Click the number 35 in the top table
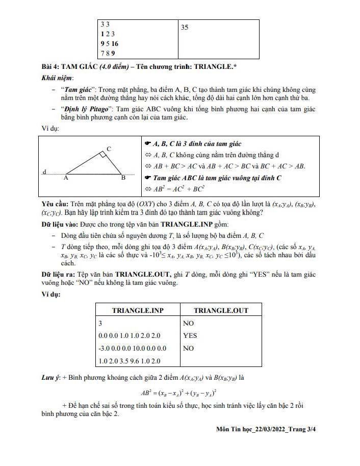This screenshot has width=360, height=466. point(185,28)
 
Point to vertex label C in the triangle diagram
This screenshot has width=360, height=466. point(109,149)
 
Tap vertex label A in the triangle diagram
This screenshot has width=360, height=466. point(65,179)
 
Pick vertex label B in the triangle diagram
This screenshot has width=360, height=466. point(123,179)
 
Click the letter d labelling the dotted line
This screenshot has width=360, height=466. point(45,171)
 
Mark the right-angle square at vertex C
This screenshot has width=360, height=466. point(103,155)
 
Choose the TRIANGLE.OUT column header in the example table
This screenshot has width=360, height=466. point(220,310)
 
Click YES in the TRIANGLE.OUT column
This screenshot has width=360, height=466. point(190,336)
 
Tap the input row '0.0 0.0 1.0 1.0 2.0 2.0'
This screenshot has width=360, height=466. point(130,336)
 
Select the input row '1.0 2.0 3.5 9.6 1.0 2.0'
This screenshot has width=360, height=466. point(130,361)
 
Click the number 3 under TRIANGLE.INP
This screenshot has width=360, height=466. point(101,323)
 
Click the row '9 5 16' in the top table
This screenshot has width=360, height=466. point(109,44)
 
